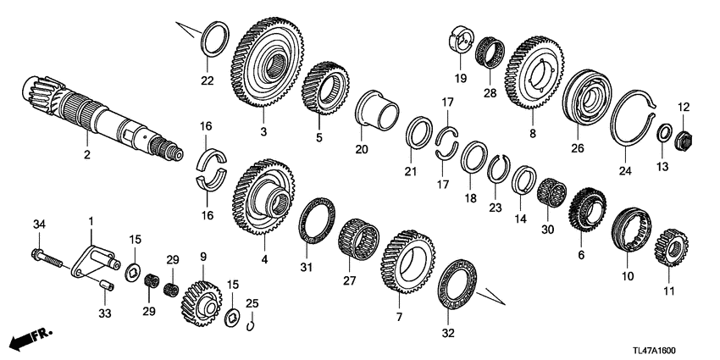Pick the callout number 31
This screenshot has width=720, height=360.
307,268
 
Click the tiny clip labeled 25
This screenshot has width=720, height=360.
251,324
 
